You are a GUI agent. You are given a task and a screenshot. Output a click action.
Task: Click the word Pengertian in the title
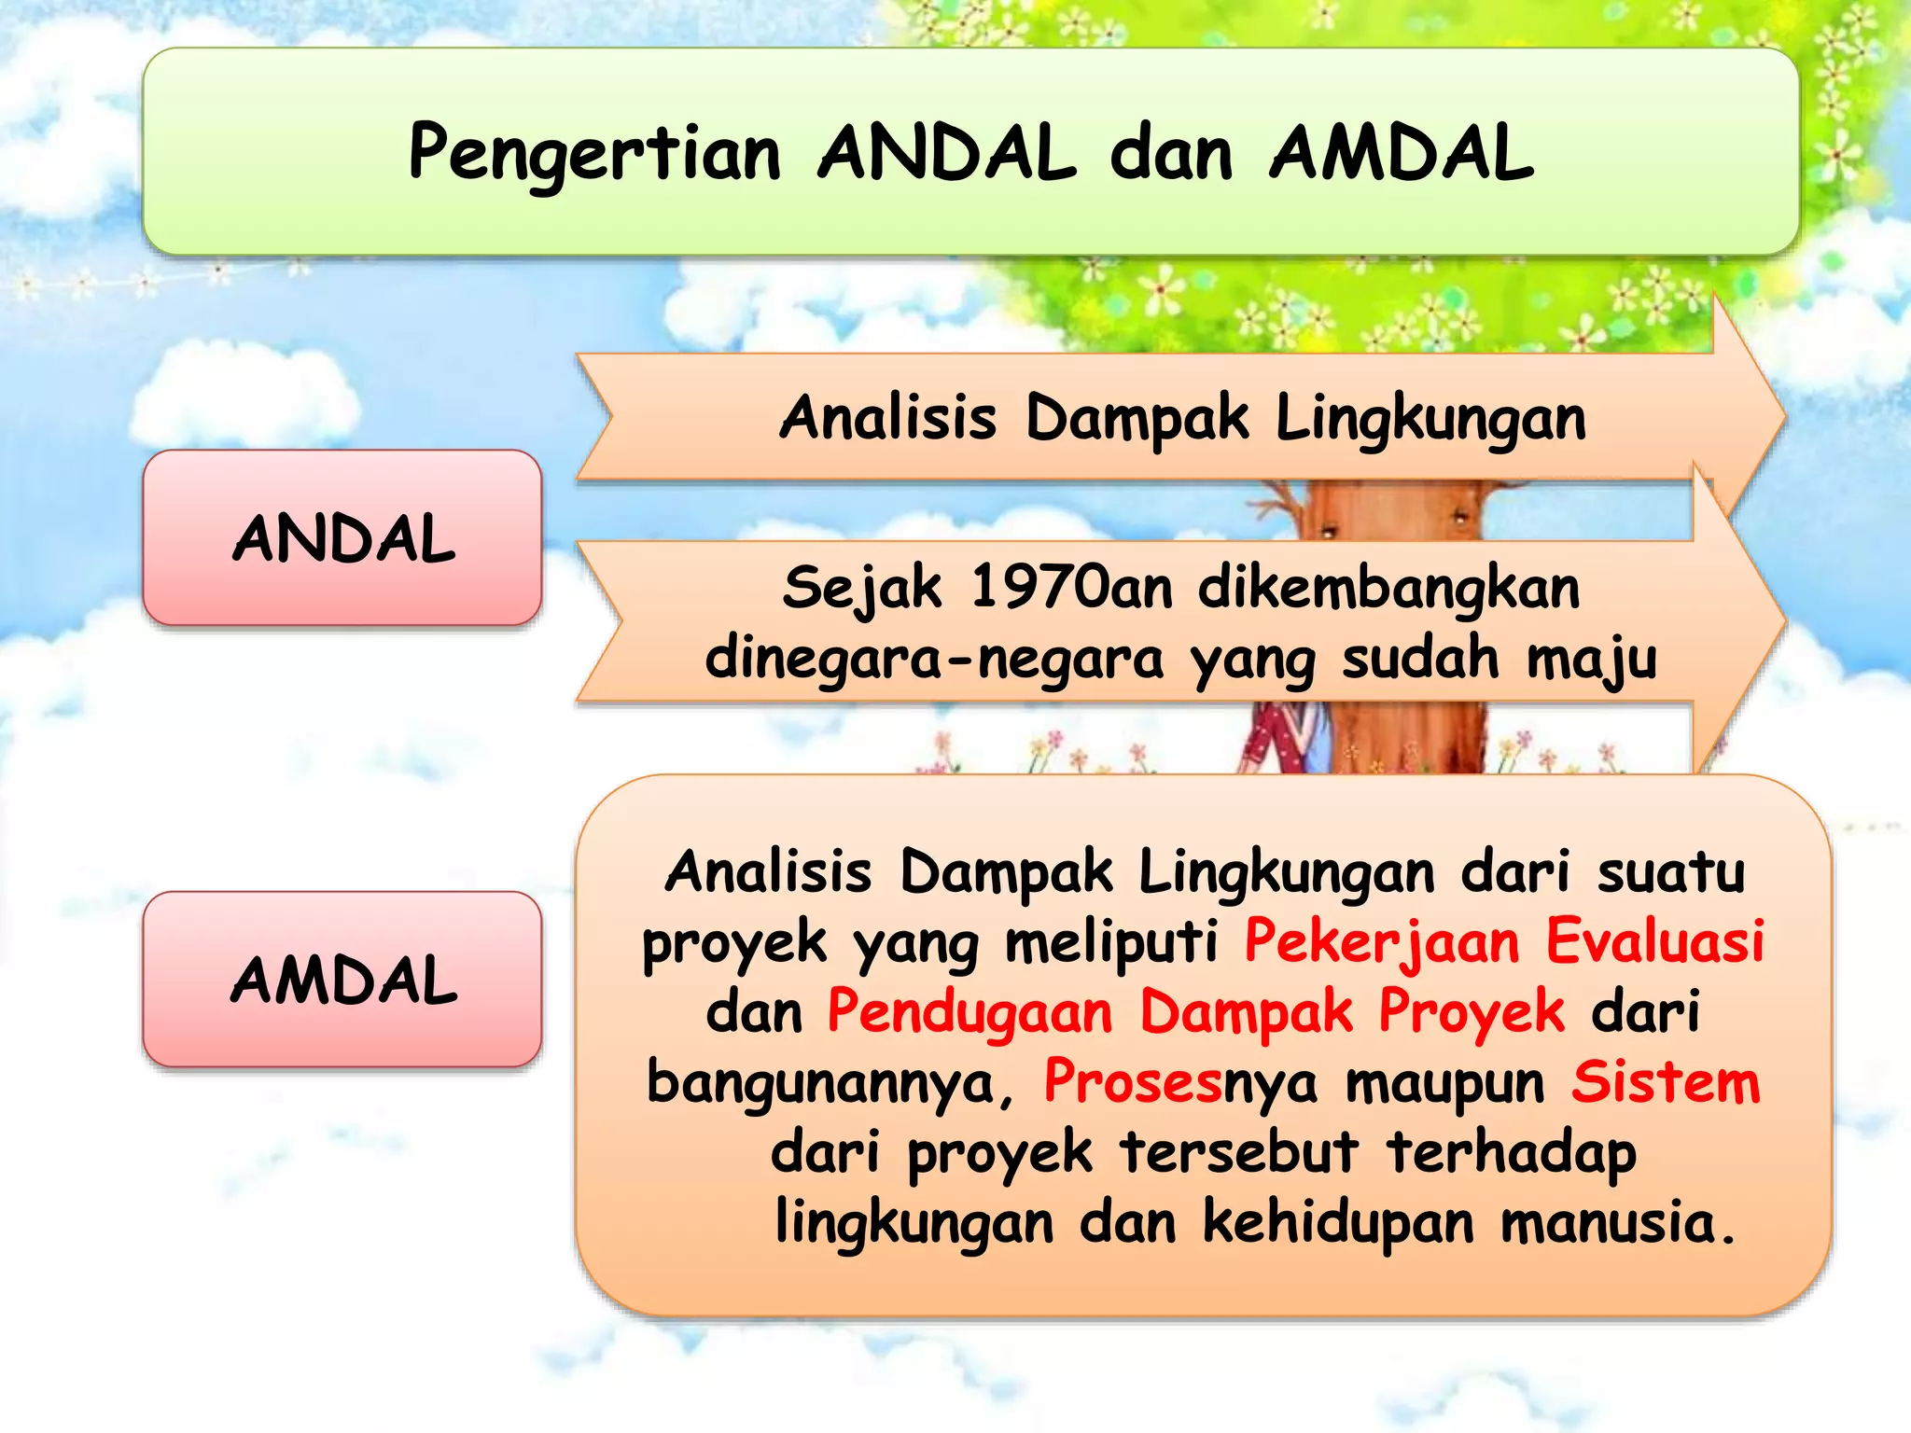tap(593, 154)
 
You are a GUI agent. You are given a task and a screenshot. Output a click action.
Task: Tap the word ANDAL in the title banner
tap(946, 154)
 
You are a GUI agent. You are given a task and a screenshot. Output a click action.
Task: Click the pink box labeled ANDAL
tap(342, 538)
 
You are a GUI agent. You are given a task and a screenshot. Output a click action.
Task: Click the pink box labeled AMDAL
tap(342, 980)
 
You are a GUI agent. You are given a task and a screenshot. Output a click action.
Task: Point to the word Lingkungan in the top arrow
tap(1430, 418)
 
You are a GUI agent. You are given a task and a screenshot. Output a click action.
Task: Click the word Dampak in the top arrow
tap(1136, 418)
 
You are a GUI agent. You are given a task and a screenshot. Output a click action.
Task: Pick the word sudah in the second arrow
tap(1420, 659)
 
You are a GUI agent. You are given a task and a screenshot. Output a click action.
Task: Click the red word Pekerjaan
tap(1382, 940)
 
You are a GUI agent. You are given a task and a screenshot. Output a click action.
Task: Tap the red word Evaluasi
tap(1654, 940)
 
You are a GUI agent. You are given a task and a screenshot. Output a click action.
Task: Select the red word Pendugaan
tap(970, 1011)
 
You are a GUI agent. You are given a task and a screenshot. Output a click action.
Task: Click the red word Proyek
tap(1472, 1011)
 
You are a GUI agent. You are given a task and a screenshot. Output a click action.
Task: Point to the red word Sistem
tap(1665, 1082)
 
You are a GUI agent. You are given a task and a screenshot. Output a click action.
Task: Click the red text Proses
tap(1132, 1082)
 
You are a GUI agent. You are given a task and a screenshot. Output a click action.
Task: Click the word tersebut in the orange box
tap(1239, 1152)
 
